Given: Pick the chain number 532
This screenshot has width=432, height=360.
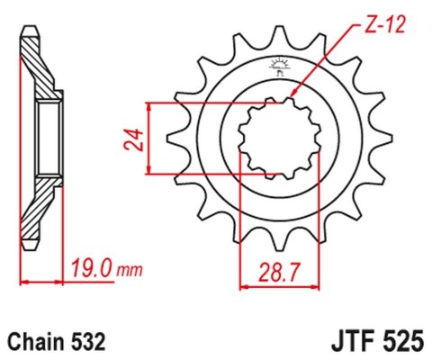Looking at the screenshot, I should coord(90,342).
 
